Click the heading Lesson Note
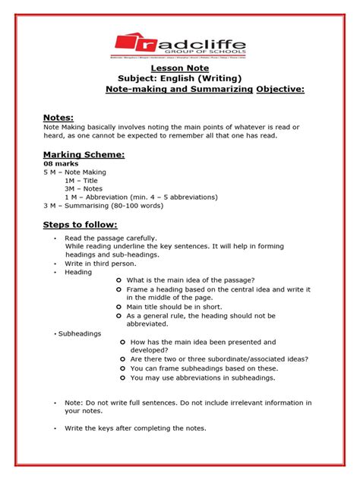tap(180, 67)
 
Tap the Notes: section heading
tap(58, 118)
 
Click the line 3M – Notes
tap(84, 189)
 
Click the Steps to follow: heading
tap(80, 226)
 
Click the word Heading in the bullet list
tap(78, 272)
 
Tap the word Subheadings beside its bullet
tap(79, 333)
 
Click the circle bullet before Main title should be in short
tap(118, 307)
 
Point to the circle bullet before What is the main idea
tap(118, 281)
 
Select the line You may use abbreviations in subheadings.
tap(203, 377)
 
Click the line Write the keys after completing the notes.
tap(135, 428)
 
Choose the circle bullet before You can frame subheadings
tap(122, 368)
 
